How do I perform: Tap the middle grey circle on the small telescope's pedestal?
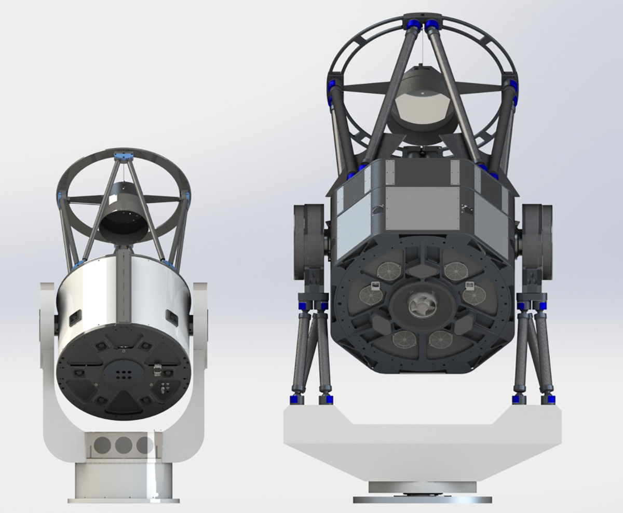(x=124, y=445)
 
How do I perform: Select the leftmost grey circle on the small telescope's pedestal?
(x=103, y=445)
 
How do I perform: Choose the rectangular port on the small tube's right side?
(x=171, y=316)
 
